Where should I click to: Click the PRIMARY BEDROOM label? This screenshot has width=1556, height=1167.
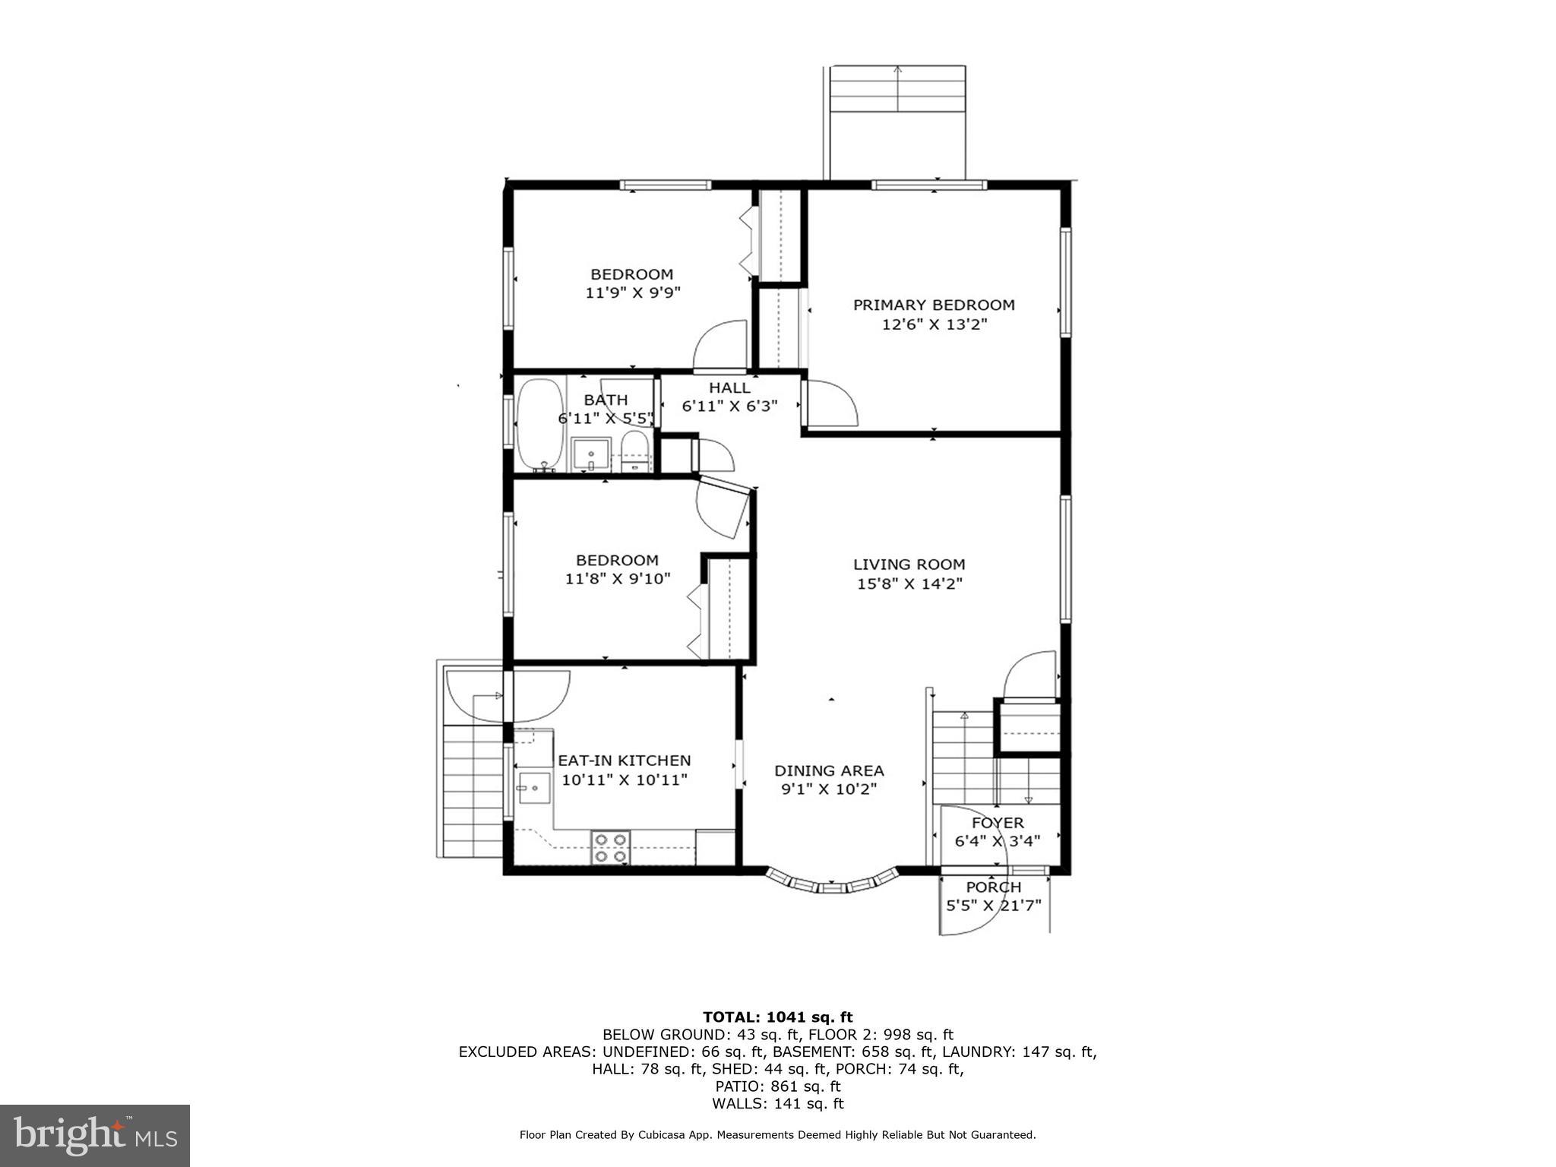(x=933, y=305)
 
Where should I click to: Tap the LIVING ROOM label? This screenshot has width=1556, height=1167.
(x=909, y=564)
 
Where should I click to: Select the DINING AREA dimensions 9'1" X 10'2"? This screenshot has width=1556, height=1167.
(x=829, y=789)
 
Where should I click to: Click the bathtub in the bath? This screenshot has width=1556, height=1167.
(x=540, y=424)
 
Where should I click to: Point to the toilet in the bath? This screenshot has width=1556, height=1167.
(x=635, y=451)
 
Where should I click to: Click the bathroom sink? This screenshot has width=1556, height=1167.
(x=591, y=454)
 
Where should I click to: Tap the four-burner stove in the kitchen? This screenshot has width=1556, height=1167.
(x=612, y=848)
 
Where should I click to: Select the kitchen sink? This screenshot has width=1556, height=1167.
(x=534, y=789)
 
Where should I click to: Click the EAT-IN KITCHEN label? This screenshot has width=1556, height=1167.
(x=625, y=760)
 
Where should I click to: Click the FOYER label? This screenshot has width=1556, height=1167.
(x=998, y=823)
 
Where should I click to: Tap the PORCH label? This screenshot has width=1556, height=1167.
(x=993, y=887)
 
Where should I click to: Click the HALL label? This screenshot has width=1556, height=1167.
(x=729, y=387)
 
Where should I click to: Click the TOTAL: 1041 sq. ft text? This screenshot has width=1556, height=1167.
(x=777, y=1017)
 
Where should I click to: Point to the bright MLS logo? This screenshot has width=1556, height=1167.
(x=95, y=1135)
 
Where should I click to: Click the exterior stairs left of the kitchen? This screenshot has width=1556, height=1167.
(x=473, y=790)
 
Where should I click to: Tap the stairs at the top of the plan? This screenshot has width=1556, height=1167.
(x=897, y=90)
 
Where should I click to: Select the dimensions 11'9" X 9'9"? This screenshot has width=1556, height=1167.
(x=632, y=293)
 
